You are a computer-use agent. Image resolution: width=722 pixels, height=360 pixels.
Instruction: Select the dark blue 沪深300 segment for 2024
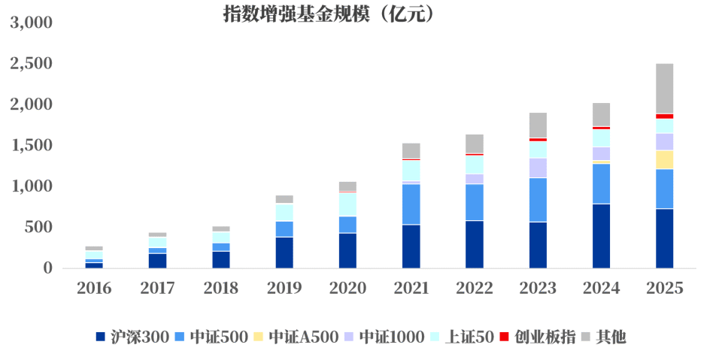(601, 235)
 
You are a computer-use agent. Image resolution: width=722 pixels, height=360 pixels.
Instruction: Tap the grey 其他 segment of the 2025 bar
(664, 88)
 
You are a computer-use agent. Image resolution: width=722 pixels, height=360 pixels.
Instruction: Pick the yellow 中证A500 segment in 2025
(664, 159)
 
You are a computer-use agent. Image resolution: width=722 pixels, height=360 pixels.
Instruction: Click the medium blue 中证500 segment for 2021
(411, 204)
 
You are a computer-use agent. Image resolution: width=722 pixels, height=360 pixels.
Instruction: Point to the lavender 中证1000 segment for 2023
(538, 168)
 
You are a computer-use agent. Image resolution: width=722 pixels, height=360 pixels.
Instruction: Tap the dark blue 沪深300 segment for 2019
(284, 252)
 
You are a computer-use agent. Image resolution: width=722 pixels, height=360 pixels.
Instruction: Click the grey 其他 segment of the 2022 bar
(475, 144)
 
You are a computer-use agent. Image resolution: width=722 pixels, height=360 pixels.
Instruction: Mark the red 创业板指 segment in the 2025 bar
(664, 116)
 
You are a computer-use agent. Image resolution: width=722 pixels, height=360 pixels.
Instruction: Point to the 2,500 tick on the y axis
(31, 63)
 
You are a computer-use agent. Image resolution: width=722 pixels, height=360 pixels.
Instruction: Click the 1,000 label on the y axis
(31, 186)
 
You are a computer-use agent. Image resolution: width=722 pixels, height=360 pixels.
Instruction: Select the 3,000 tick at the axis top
(31, 23)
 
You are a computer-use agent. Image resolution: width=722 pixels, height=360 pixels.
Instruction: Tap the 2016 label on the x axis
(94, 288)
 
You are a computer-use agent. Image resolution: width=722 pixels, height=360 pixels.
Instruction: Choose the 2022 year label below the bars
(475, 288)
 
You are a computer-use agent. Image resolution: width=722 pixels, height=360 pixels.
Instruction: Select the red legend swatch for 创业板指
(505, 336)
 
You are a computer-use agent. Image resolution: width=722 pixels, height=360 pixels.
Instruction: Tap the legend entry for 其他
(610, 337)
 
